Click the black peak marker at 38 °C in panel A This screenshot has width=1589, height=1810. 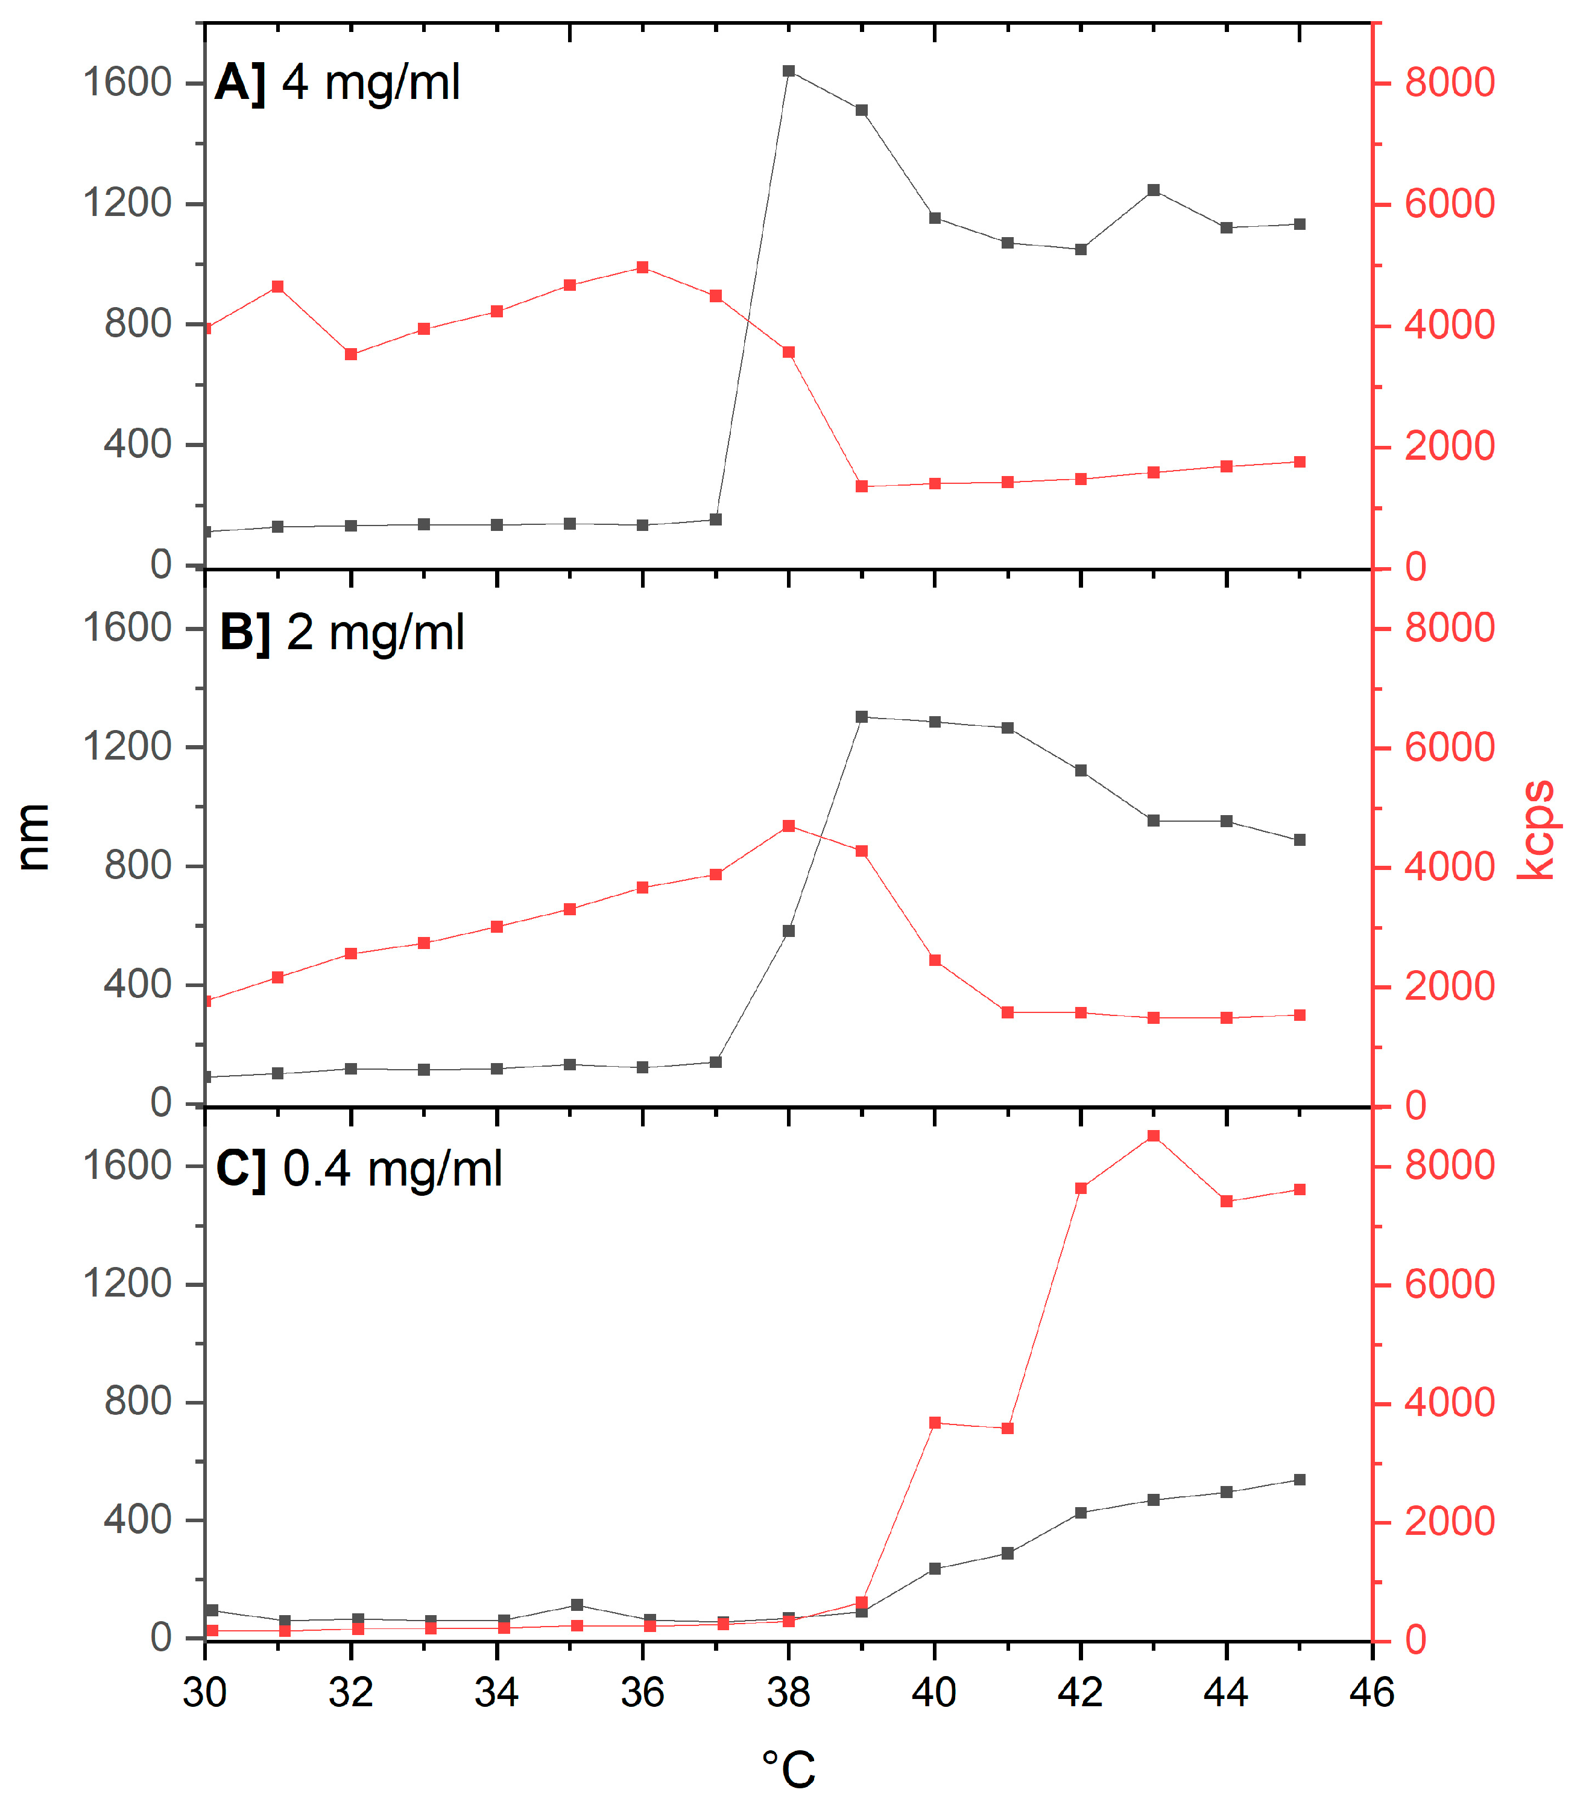click(789, 71)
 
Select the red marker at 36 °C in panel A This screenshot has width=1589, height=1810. click(643, 267)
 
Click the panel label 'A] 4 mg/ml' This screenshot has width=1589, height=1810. click(337, 83)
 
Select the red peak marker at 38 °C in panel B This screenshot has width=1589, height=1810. click(789, 826)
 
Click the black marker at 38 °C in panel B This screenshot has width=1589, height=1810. click(789, 931)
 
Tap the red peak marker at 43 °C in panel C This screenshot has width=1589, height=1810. click(1154, 1136)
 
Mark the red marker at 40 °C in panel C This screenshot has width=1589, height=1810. click(935, 1423)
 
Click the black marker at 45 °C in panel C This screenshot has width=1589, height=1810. click(1300, 1480)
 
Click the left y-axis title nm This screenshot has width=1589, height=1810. click(34, 837)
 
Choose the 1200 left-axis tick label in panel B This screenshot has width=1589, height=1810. click(127, 746)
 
